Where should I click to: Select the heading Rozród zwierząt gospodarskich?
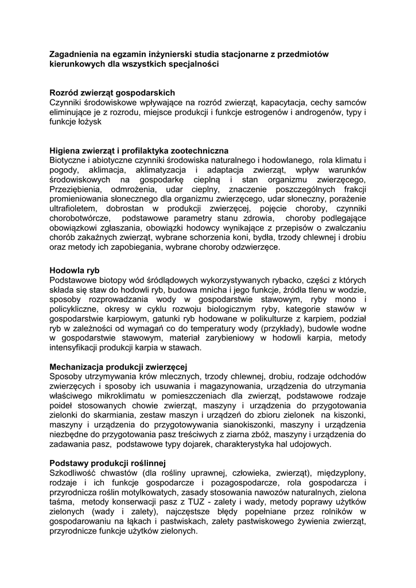tap(112, 92)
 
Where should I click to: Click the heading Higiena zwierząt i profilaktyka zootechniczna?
tap(139, 150)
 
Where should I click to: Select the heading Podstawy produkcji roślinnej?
tap(108, 463)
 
